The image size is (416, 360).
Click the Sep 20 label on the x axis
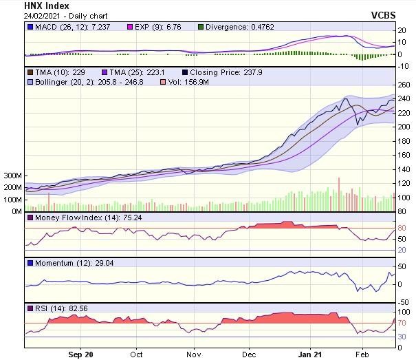(80, 354)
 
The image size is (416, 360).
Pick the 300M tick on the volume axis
(11, 176)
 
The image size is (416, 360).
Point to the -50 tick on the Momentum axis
(404, 301)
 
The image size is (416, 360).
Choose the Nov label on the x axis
(194, 354)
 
